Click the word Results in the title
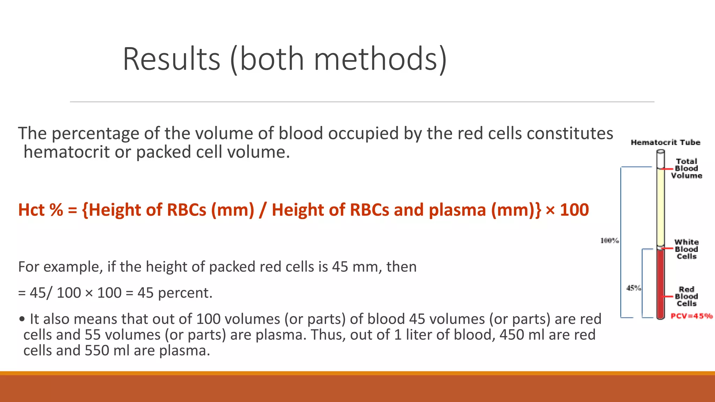[171, 59]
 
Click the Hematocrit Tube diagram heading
[665, 142]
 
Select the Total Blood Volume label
[686, 169]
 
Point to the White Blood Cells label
[686, 249]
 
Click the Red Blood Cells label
[686, 296]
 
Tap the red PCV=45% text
[691, 316]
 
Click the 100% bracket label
[610, 240]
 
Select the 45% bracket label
[633, 288]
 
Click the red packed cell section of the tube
[661, 283]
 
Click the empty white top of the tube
[661, 159]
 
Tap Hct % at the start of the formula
[40, 210]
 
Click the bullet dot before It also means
[22, 319]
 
